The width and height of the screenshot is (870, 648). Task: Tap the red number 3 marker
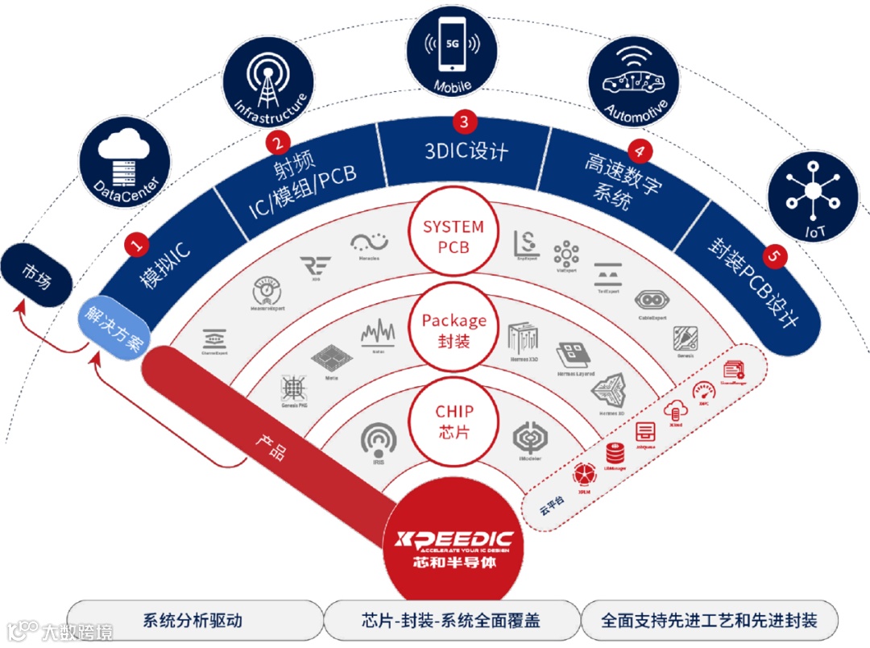(464, 123)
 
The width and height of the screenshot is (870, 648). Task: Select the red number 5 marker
(775, 256)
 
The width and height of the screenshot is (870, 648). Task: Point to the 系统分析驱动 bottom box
(193, 621)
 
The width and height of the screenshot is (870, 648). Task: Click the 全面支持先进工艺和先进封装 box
(709, 621)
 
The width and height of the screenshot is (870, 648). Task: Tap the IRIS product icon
(379, 443)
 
